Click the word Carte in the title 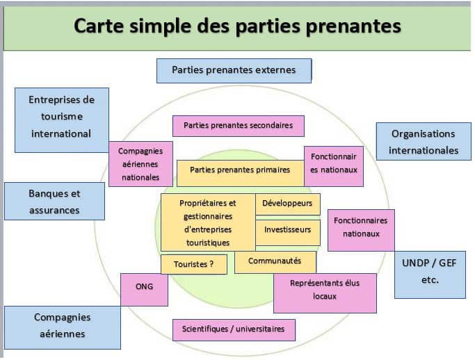point(99,26)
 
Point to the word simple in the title point(161,26)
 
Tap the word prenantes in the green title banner point(353,26)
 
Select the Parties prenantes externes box point(234,71)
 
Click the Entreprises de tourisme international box point(62,120)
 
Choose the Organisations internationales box point(424,141)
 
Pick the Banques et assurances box point(54,201)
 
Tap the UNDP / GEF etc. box point(430,275)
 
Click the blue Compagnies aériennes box point(63,327)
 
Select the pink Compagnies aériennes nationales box point(140,164)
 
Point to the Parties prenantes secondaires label point(239,126)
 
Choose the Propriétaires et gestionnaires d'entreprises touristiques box point(208,222)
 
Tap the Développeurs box point(287,204)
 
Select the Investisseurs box point(288,233)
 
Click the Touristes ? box point(194,264)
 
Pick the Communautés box point(275,262)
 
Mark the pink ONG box point(144,289)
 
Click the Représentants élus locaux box point(325,293)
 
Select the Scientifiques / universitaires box point(234,329)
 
